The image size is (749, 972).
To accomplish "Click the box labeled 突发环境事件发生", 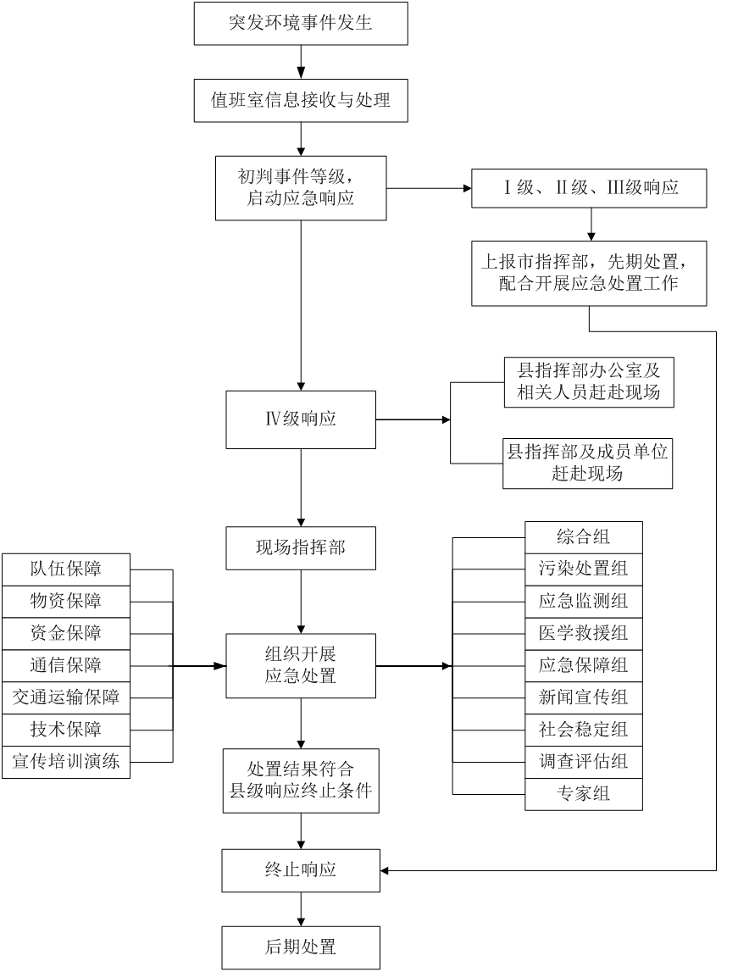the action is coord(301,24).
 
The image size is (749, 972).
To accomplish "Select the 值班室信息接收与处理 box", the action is coord(301,101).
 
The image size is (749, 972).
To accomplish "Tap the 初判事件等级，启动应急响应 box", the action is coord(301,188).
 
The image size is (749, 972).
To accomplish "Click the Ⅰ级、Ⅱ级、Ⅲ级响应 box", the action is coord(589,188).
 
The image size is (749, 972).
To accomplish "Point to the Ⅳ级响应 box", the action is coord(301,419).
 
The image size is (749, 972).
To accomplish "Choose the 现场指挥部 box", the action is coord(301,548).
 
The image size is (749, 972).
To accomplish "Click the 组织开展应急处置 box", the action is coord(301,666).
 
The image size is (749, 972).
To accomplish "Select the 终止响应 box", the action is coord(301,870).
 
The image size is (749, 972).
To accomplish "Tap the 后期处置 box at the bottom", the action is coord(301,947).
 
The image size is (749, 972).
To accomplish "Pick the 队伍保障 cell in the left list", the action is coord(66,569).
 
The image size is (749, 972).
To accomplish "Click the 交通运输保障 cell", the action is coord(66,698).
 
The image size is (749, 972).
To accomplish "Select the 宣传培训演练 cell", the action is coord(66,762).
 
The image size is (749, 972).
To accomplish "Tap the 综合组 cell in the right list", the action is coord(584,537).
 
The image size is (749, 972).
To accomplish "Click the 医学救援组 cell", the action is coord(584,634).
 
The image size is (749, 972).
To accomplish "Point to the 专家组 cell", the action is coord(584,794).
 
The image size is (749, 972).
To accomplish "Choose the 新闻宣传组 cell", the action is coord(584,698).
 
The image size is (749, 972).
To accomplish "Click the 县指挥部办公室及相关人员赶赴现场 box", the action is coord(588,382).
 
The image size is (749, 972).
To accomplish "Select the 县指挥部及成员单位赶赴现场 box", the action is coord(588,463).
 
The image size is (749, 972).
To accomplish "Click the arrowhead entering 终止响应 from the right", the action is coord(385,870).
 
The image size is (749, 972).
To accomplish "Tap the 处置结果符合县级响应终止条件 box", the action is coord(301,781).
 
